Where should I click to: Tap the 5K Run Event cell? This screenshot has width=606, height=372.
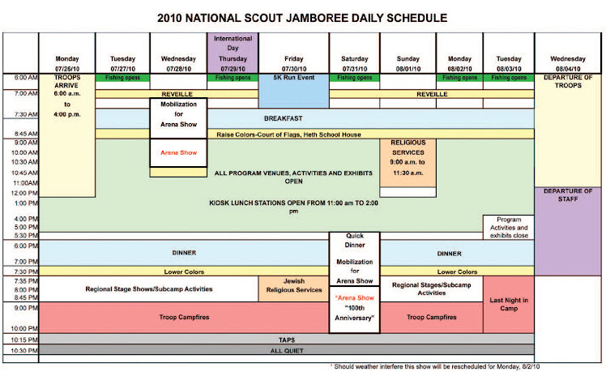[x=293, y=79]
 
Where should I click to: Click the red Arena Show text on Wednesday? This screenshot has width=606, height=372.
[x=178, y=152]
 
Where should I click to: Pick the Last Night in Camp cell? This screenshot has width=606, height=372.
[x=508, y=304]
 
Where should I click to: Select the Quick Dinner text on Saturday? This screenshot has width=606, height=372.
[x=354, y=244]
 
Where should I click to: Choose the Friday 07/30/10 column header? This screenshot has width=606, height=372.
[x=293, y=62]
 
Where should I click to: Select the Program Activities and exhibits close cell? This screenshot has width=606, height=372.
[x=508, y=228]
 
